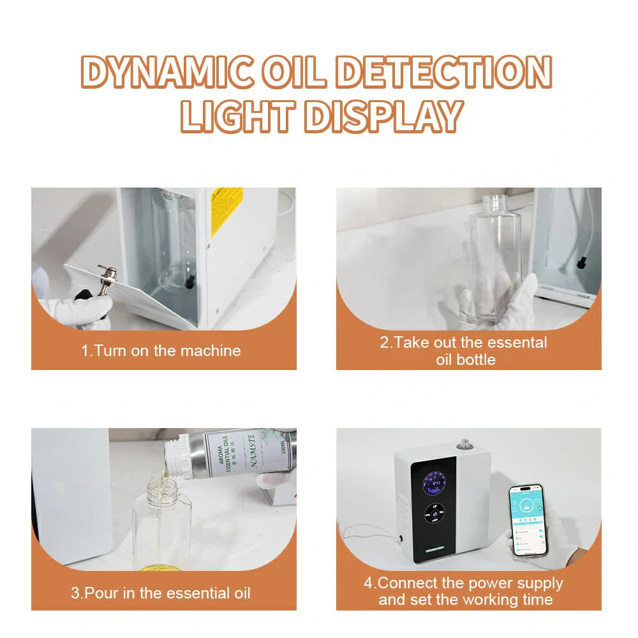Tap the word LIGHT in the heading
click(x=237, y=117)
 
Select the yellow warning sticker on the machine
click(x=218, y=211)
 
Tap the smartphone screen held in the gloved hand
click(x=528, y=519)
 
